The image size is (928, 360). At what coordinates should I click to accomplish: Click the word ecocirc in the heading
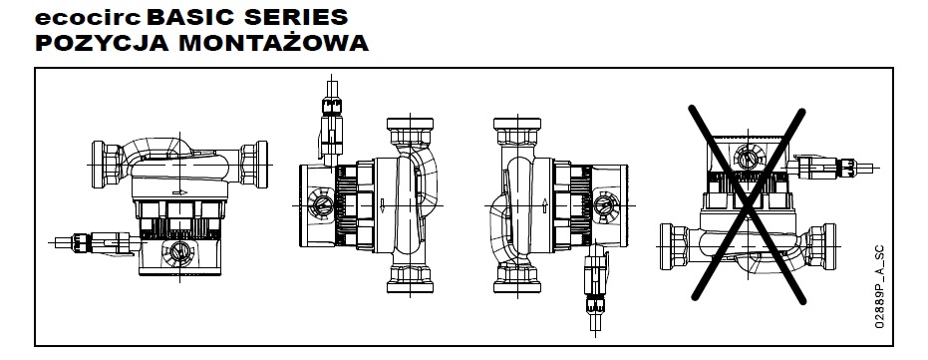tap(88, 18)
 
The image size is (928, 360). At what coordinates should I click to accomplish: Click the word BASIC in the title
tap(190, 17)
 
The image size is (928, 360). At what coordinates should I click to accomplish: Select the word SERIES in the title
tap(295, 17)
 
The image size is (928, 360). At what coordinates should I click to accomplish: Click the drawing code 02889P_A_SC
tap(879, 287)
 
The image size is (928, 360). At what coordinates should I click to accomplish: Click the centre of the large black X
tap(748, 204)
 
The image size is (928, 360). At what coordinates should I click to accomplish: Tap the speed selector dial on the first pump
tap(178, 251)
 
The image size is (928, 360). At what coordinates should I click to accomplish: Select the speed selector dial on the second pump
tap(323, 204)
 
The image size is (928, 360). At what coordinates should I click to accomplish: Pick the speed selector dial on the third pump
tap(605, 204)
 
